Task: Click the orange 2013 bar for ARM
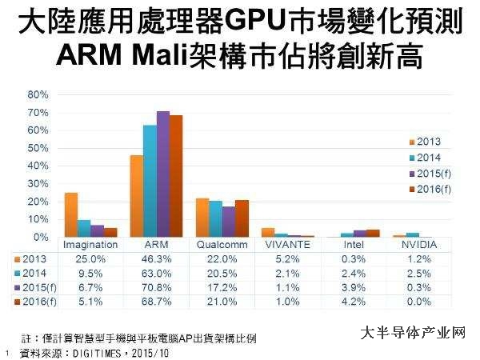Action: [x=136, y=196]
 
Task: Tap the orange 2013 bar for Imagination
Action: [x=71, y=215]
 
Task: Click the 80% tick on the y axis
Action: [x=38, y=94]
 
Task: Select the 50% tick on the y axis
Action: [x=38, y=148]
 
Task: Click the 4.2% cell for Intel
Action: [x=351, y=301]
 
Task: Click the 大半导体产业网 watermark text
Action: [x=413, y=332]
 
